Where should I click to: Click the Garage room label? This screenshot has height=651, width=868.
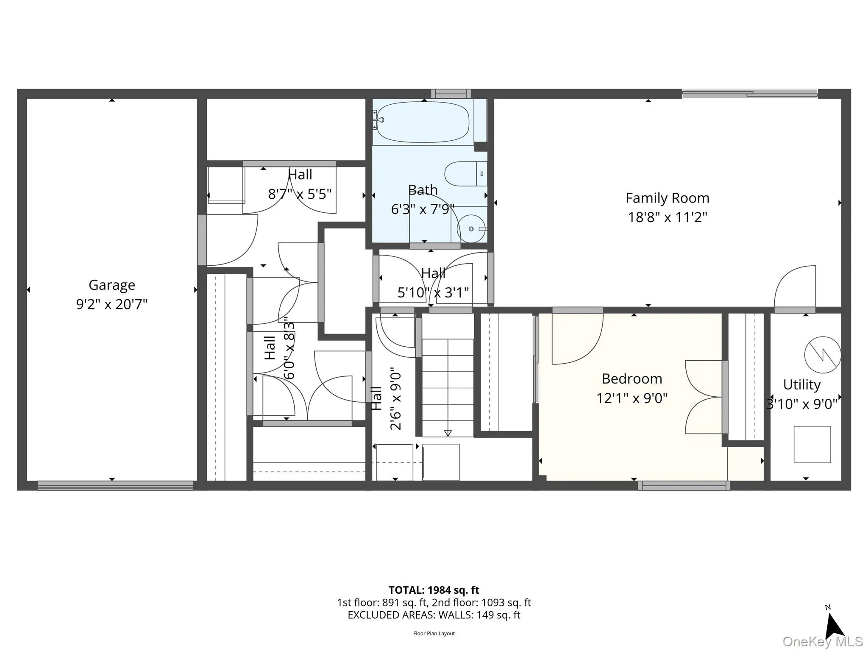(x=112, y=285)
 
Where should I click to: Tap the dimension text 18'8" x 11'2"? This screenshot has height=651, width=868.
(x=667, y=217)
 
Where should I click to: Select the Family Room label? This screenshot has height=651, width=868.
(x=667, y=198)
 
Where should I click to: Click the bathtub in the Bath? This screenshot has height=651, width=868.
(x=423, y=122)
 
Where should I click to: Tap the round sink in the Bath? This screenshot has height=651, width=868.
(x=471, y=229)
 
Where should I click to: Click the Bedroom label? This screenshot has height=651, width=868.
(x=632, y=378)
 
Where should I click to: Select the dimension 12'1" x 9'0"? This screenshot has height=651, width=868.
(x=632, y=398)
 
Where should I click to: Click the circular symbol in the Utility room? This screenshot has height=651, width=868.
(x=822, y=355)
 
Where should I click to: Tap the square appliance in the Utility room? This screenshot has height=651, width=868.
(x=812, y=444)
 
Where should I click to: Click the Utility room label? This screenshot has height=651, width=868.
(x=801, y=384)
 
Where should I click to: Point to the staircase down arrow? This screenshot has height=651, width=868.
(x=448, y=433)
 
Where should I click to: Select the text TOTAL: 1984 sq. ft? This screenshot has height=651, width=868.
(x=434, y=590)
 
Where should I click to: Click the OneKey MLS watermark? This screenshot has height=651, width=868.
(x=822, y=642)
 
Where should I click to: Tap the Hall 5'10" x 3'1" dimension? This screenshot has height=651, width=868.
(x=433, y=292)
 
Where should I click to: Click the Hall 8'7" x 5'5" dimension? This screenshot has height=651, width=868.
(x=300, y=194)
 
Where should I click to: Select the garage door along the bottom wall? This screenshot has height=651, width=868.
(x=115, y=486)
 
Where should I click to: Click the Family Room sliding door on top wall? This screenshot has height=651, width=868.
(x=749, y=94)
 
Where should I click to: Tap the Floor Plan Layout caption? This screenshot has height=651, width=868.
(x=434, y=634)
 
